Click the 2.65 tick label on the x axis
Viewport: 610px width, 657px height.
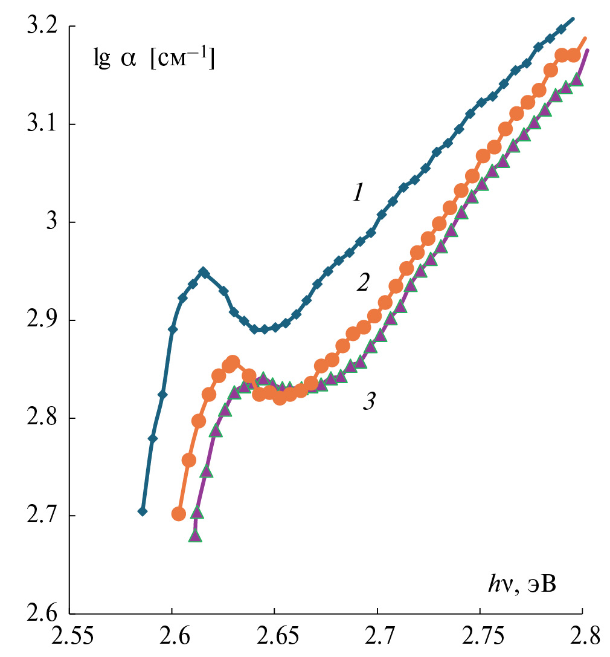[x=274, y=638]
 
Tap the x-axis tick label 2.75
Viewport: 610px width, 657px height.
[x=480, y=638]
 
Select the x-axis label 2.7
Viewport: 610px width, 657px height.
[x=377, y=638]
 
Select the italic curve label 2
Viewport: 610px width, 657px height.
[x=362, y=282]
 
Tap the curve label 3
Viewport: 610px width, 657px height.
[x=368, y=402]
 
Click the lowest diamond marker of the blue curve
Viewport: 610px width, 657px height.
[x=143, y=511]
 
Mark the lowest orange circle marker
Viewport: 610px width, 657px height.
[x=179, y=514]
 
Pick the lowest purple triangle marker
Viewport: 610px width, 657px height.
[x=195, y=536]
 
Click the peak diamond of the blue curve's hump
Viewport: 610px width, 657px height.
[x=204, y=272]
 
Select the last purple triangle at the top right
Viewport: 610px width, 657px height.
[x=577, y=80]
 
